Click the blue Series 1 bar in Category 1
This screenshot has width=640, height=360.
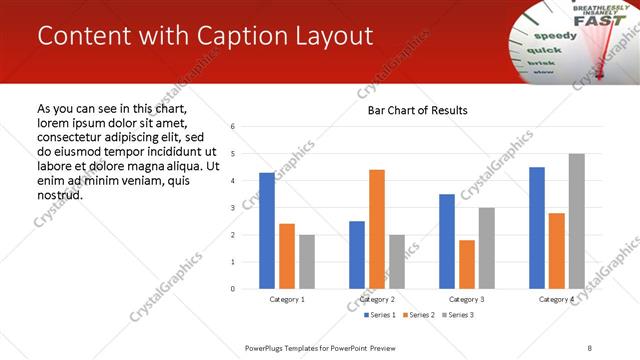[x=267, y=231]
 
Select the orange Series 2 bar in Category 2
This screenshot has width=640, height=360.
[x=377, y=229]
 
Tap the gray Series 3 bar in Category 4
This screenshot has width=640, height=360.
[x=576, y=221]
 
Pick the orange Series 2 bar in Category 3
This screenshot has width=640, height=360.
[x=467, y=264]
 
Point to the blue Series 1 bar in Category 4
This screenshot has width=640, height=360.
[x=537, y=228]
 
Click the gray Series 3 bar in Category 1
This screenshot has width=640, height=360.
[x=306, y=262]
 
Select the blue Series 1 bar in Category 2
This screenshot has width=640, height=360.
[x=357, y=255]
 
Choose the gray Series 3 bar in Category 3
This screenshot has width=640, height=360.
[x=486, y=248]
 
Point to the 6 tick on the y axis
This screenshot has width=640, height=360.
[x=232, y=127]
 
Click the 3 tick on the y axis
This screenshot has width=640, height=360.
[x=232, y=208]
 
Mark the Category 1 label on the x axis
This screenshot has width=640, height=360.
[x=287, y=299]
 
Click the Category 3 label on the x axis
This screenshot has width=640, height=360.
[x=467, y=299]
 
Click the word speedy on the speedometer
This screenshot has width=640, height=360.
[x=562, y=37]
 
